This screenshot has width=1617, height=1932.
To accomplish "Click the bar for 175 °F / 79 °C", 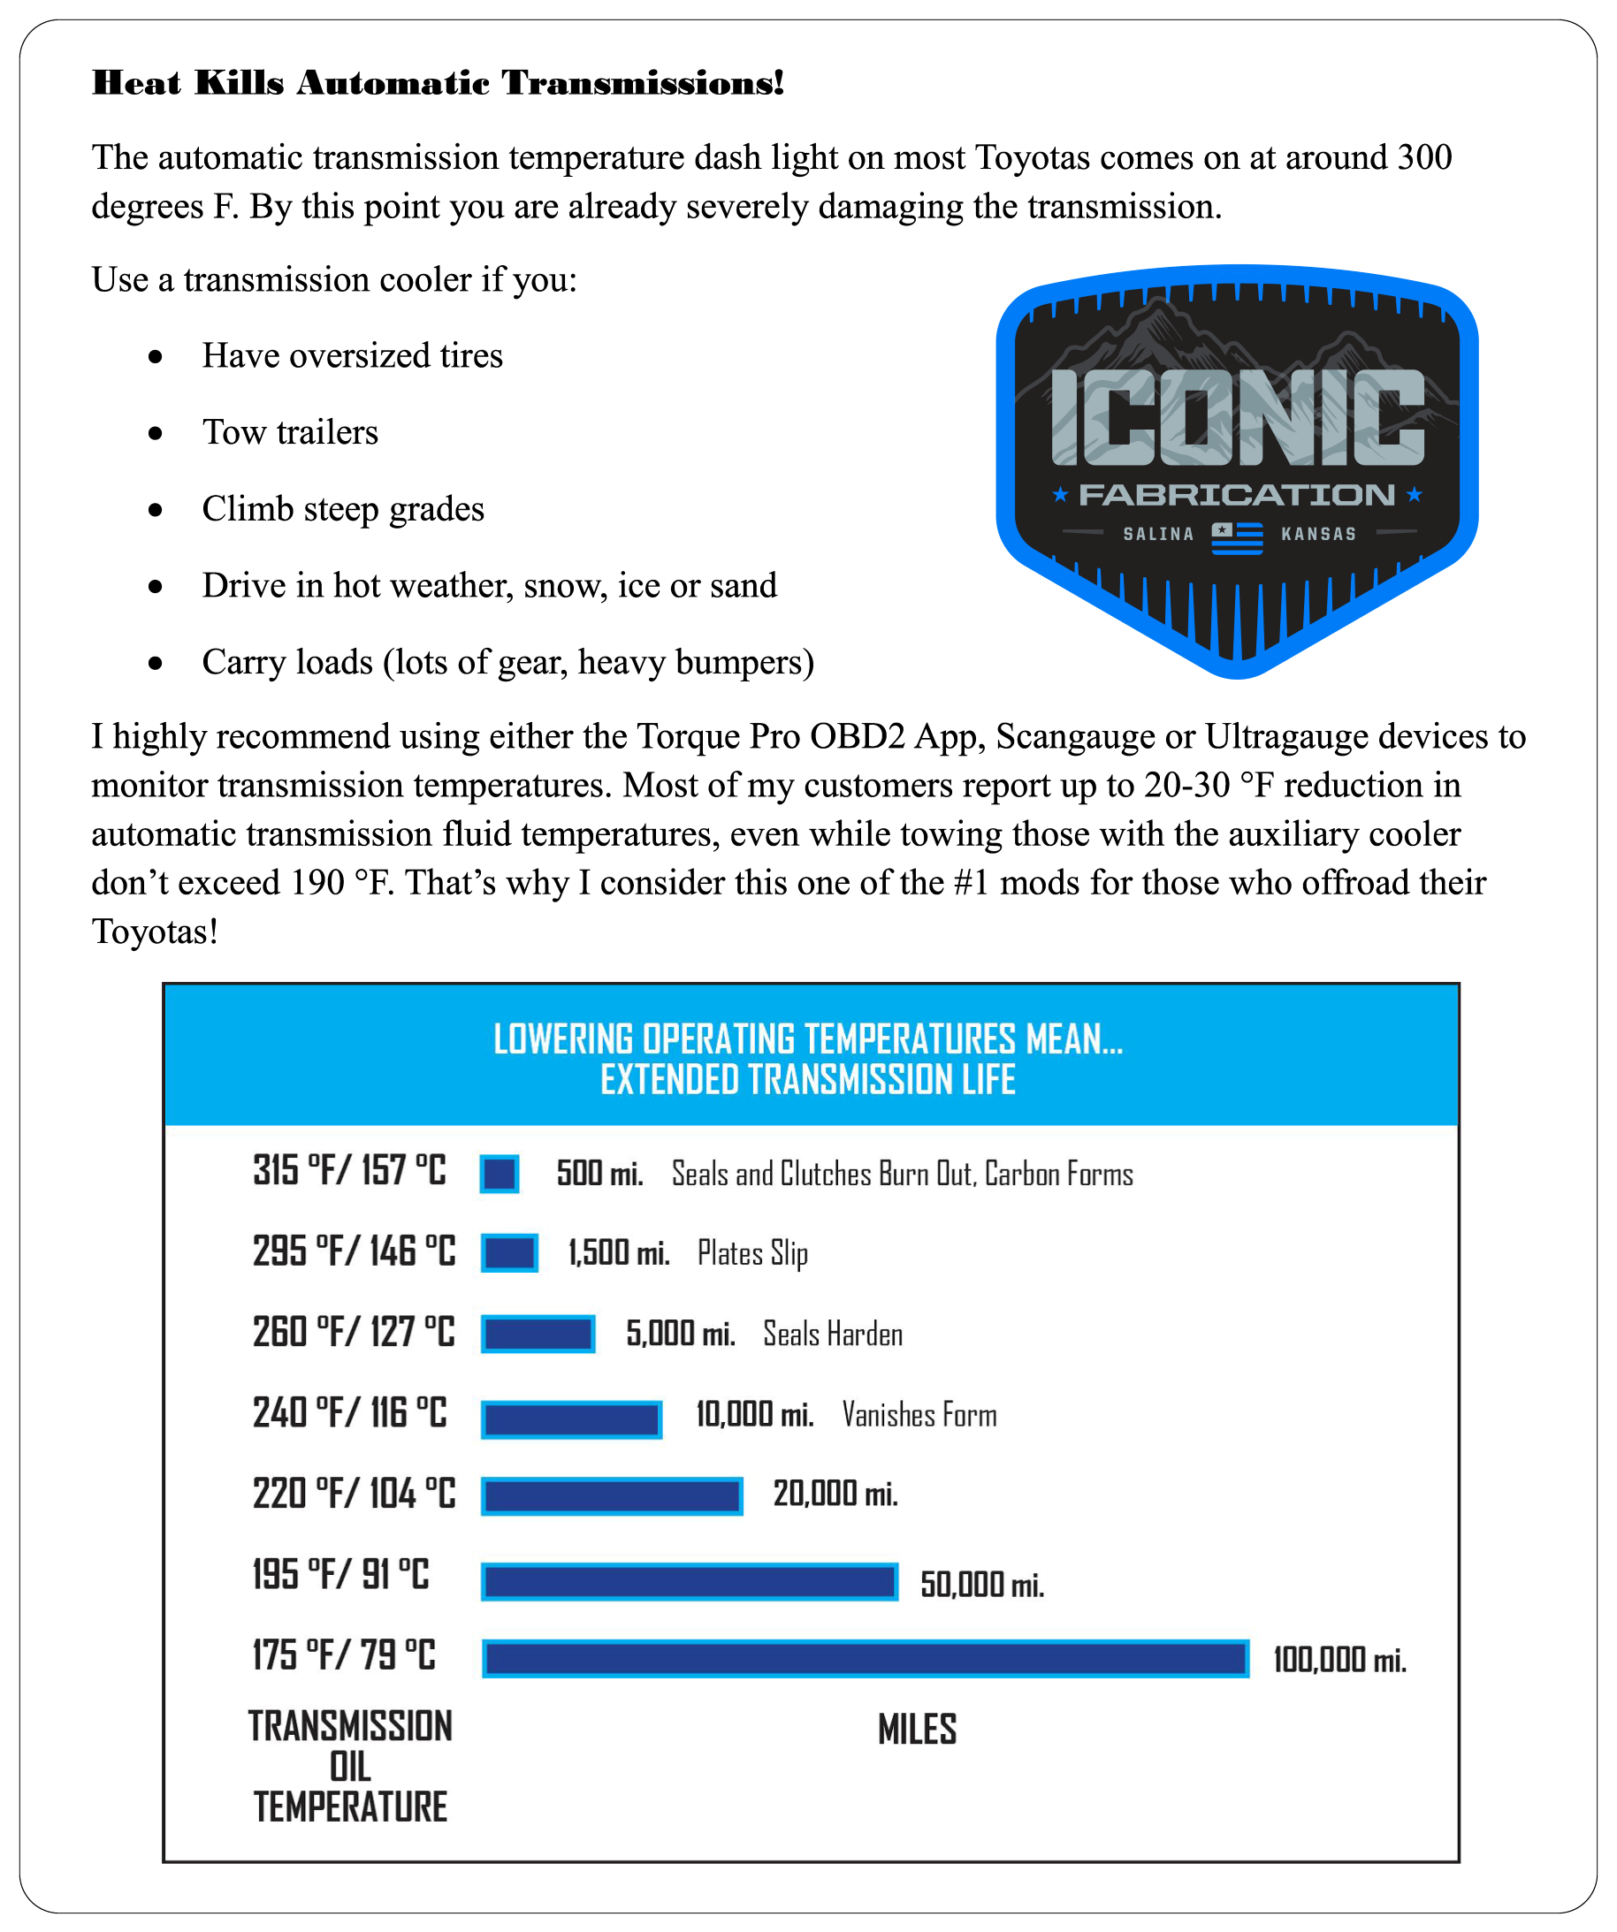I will point(866,1659).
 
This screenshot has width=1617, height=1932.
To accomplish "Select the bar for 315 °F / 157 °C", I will point(499,1173).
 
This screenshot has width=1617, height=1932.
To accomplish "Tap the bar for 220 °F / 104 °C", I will point(612,1496).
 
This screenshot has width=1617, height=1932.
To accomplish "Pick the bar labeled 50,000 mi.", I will point(690,1581).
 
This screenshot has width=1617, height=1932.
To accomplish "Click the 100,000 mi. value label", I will point(1339,1660).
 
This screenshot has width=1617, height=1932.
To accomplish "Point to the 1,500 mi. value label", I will point(619,1252).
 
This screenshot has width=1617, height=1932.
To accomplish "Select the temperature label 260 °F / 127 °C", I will point(354,1332).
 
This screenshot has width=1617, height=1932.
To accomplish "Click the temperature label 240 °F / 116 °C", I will point(350,1412).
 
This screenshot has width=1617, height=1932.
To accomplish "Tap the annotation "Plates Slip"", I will point(751,1253).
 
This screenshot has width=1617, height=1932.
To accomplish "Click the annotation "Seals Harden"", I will point(832,1334).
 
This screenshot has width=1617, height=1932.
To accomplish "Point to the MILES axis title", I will point(917,1730).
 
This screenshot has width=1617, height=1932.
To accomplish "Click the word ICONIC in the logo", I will point(1237,417).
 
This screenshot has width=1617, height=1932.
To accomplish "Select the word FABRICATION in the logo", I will point(1236,495).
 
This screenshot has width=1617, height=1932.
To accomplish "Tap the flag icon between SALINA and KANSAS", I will point(1237,537).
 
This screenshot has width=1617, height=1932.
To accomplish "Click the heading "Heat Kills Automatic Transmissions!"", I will point(439,83).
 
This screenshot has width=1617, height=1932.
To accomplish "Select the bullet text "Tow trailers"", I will point(290,432).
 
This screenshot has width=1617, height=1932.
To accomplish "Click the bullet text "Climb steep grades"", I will point(342,509).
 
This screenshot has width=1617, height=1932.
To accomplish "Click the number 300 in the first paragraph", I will point(1423,157).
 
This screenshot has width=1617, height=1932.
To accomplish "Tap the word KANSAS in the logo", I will point(1318,534).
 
